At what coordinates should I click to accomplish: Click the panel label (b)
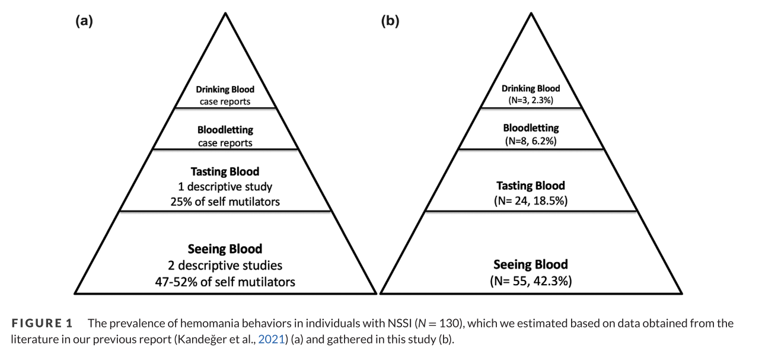[x=390, y=21]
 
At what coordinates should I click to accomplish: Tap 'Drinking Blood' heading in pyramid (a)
[x=225, y=90]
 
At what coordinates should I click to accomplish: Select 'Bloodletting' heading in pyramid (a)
[x=225, y=129]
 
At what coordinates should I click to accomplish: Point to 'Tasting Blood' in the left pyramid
[x=225, y=171]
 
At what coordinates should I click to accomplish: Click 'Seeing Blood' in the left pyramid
[x=225, y=249]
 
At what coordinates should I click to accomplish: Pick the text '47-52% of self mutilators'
[x=225, y=282]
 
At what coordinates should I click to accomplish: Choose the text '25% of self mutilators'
[x=225, y=202]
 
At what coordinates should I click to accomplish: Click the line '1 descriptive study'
[x=225, y=187]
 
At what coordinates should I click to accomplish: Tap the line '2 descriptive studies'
[x=225, y=265]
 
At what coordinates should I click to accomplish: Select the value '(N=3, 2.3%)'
[x=531, y=101]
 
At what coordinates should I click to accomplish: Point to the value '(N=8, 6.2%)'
[x=531, y=141]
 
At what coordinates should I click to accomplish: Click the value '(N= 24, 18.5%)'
[x=531, y=201]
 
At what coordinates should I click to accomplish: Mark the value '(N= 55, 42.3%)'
[x=531, y=282]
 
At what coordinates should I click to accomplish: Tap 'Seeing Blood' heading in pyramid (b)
[x=531, y=265]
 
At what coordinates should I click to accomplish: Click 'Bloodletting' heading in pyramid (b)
[x=531, y=128]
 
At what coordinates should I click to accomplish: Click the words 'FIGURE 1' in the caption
[x=42, y=324]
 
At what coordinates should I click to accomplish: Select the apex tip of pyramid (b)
[x=531, y=13]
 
